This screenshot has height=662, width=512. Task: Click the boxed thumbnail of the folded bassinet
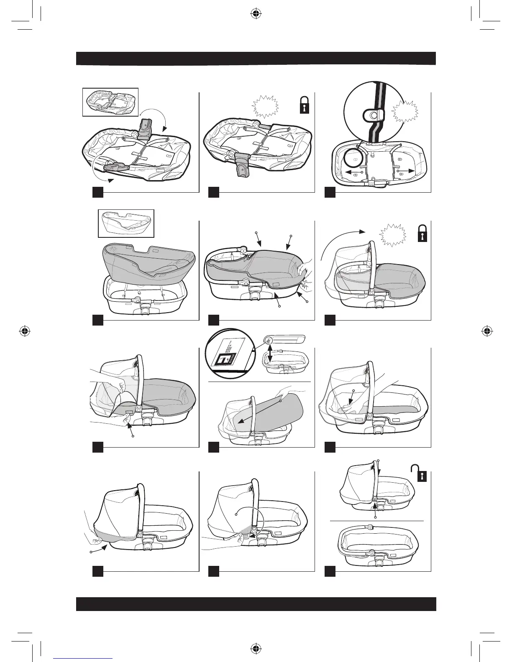(x=110, y=102)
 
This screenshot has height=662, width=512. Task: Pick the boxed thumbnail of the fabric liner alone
(x=126, y=223)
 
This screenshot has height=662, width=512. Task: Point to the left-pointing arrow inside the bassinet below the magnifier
(x=352, y=172)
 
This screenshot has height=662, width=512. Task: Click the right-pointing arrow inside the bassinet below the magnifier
(x=406, y=171)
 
